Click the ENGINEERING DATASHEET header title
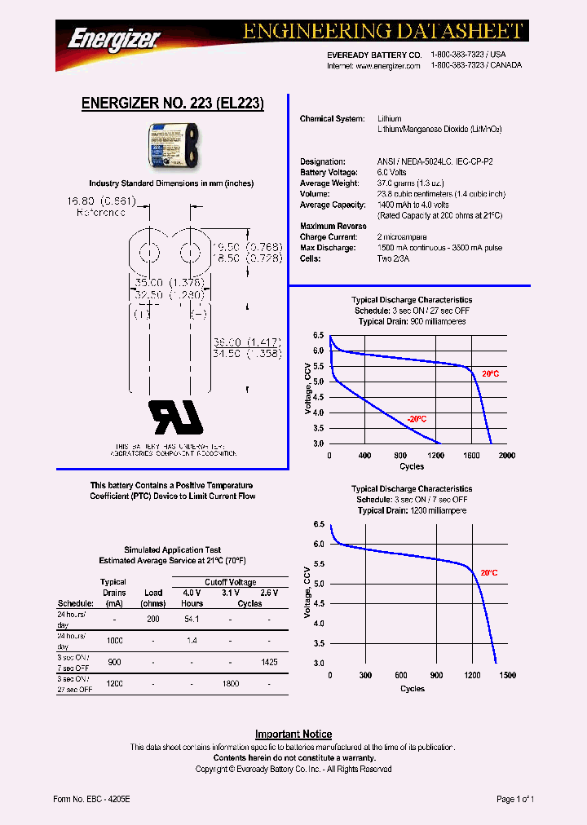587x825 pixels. (382, 31)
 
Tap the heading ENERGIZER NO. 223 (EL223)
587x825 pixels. (173, 104)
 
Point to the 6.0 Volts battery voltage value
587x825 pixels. (392, 173)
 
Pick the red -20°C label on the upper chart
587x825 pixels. (417, 419)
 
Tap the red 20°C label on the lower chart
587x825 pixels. (488, 573)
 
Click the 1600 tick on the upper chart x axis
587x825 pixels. (470, 456)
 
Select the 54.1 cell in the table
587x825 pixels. (192, 620)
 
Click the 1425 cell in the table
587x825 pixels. (270, 662)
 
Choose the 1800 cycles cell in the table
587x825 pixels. (231, 683)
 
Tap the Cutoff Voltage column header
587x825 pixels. (231, 582)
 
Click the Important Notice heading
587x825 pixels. (293, 735)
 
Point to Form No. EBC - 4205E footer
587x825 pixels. (91, 800)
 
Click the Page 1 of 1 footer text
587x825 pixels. (515, 800)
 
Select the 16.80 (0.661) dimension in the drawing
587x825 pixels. (101, 201)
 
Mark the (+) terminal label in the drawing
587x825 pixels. (142, 314)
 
